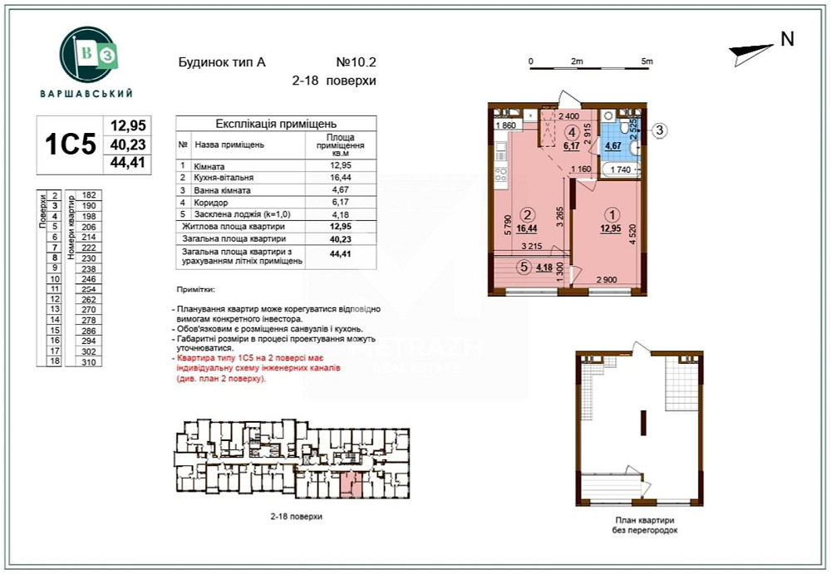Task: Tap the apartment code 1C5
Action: tap(71, 145)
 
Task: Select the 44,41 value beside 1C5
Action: tap(128, 163)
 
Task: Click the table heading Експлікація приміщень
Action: tap(275, 123)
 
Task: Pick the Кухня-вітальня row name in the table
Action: tap(224, 178)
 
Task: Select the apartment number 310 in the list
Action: tap(90, 362)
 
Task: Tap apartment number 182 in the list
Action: tap(90, 194)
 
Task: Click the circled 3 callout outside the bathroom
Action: tap(658, 130)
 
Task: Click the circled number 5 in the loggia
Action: tap(523, 267)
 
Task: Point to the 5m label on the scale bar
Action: tap(647, 62)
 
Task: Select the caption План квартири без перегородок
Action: tap(640, 525)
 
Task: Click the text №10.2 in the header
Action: tap(356, 62)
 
